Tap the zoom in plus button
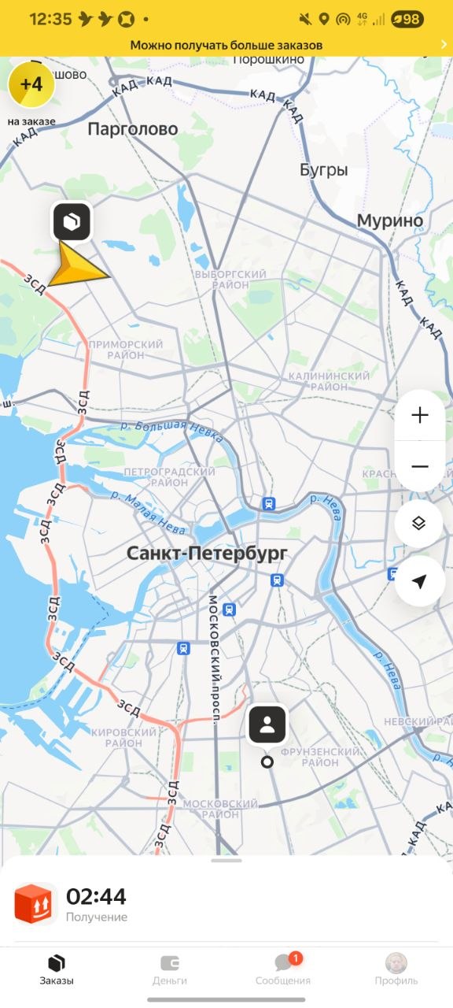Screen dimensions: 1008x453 point(420,415)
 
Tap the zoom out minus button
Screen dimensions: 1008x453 point(420,466)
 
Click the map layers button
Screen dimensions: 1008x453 point(419,524)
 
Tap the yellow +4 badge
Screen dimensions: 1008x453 point(31,85)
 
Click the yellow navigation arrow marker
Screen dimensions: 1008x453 point(76,265)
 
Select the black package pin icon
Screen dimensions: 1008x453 point(72,222)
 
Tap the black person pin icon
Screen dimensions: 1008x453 point(267,725)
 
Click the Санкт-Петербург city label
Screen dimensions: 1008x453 point(208,554)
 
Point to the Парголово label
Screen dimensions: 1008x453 point(133,129)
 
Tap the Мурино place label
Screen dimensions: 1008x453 point(390,221)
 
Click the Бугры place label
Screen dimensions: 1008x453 point(323,170)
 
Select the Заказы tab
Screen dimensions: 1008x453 point(57,969)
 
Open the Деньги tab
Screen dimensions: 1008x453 point(170,969)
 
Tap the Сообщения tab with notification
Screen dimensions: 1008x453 point(283,969)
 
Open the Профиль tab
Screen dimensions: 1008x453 point(396,969)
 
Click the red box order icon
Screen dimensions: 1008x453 point(35,903)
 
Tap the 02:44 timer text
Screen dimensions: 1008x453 point(96,896)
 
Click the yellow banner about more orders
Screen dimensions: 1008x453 point(226,45)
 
